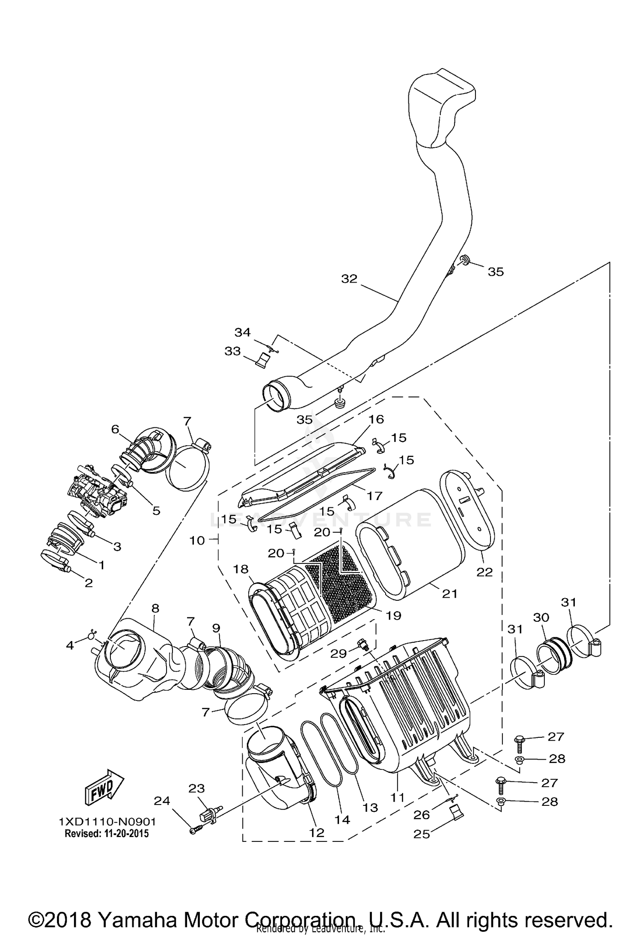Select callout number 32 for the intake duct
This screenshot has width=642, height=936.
349,279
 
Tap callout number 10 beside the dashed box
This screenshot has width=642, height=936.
197,540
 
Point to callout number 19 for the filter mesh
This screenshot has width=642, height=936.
393,615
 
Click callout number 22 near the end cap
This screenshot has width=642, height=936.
484,572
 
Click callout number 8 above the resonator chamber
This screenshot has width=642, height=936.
155,608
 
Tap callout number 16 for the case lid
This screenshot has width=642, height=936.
377,419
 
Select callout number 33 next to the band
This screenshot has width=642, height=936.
232,352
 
